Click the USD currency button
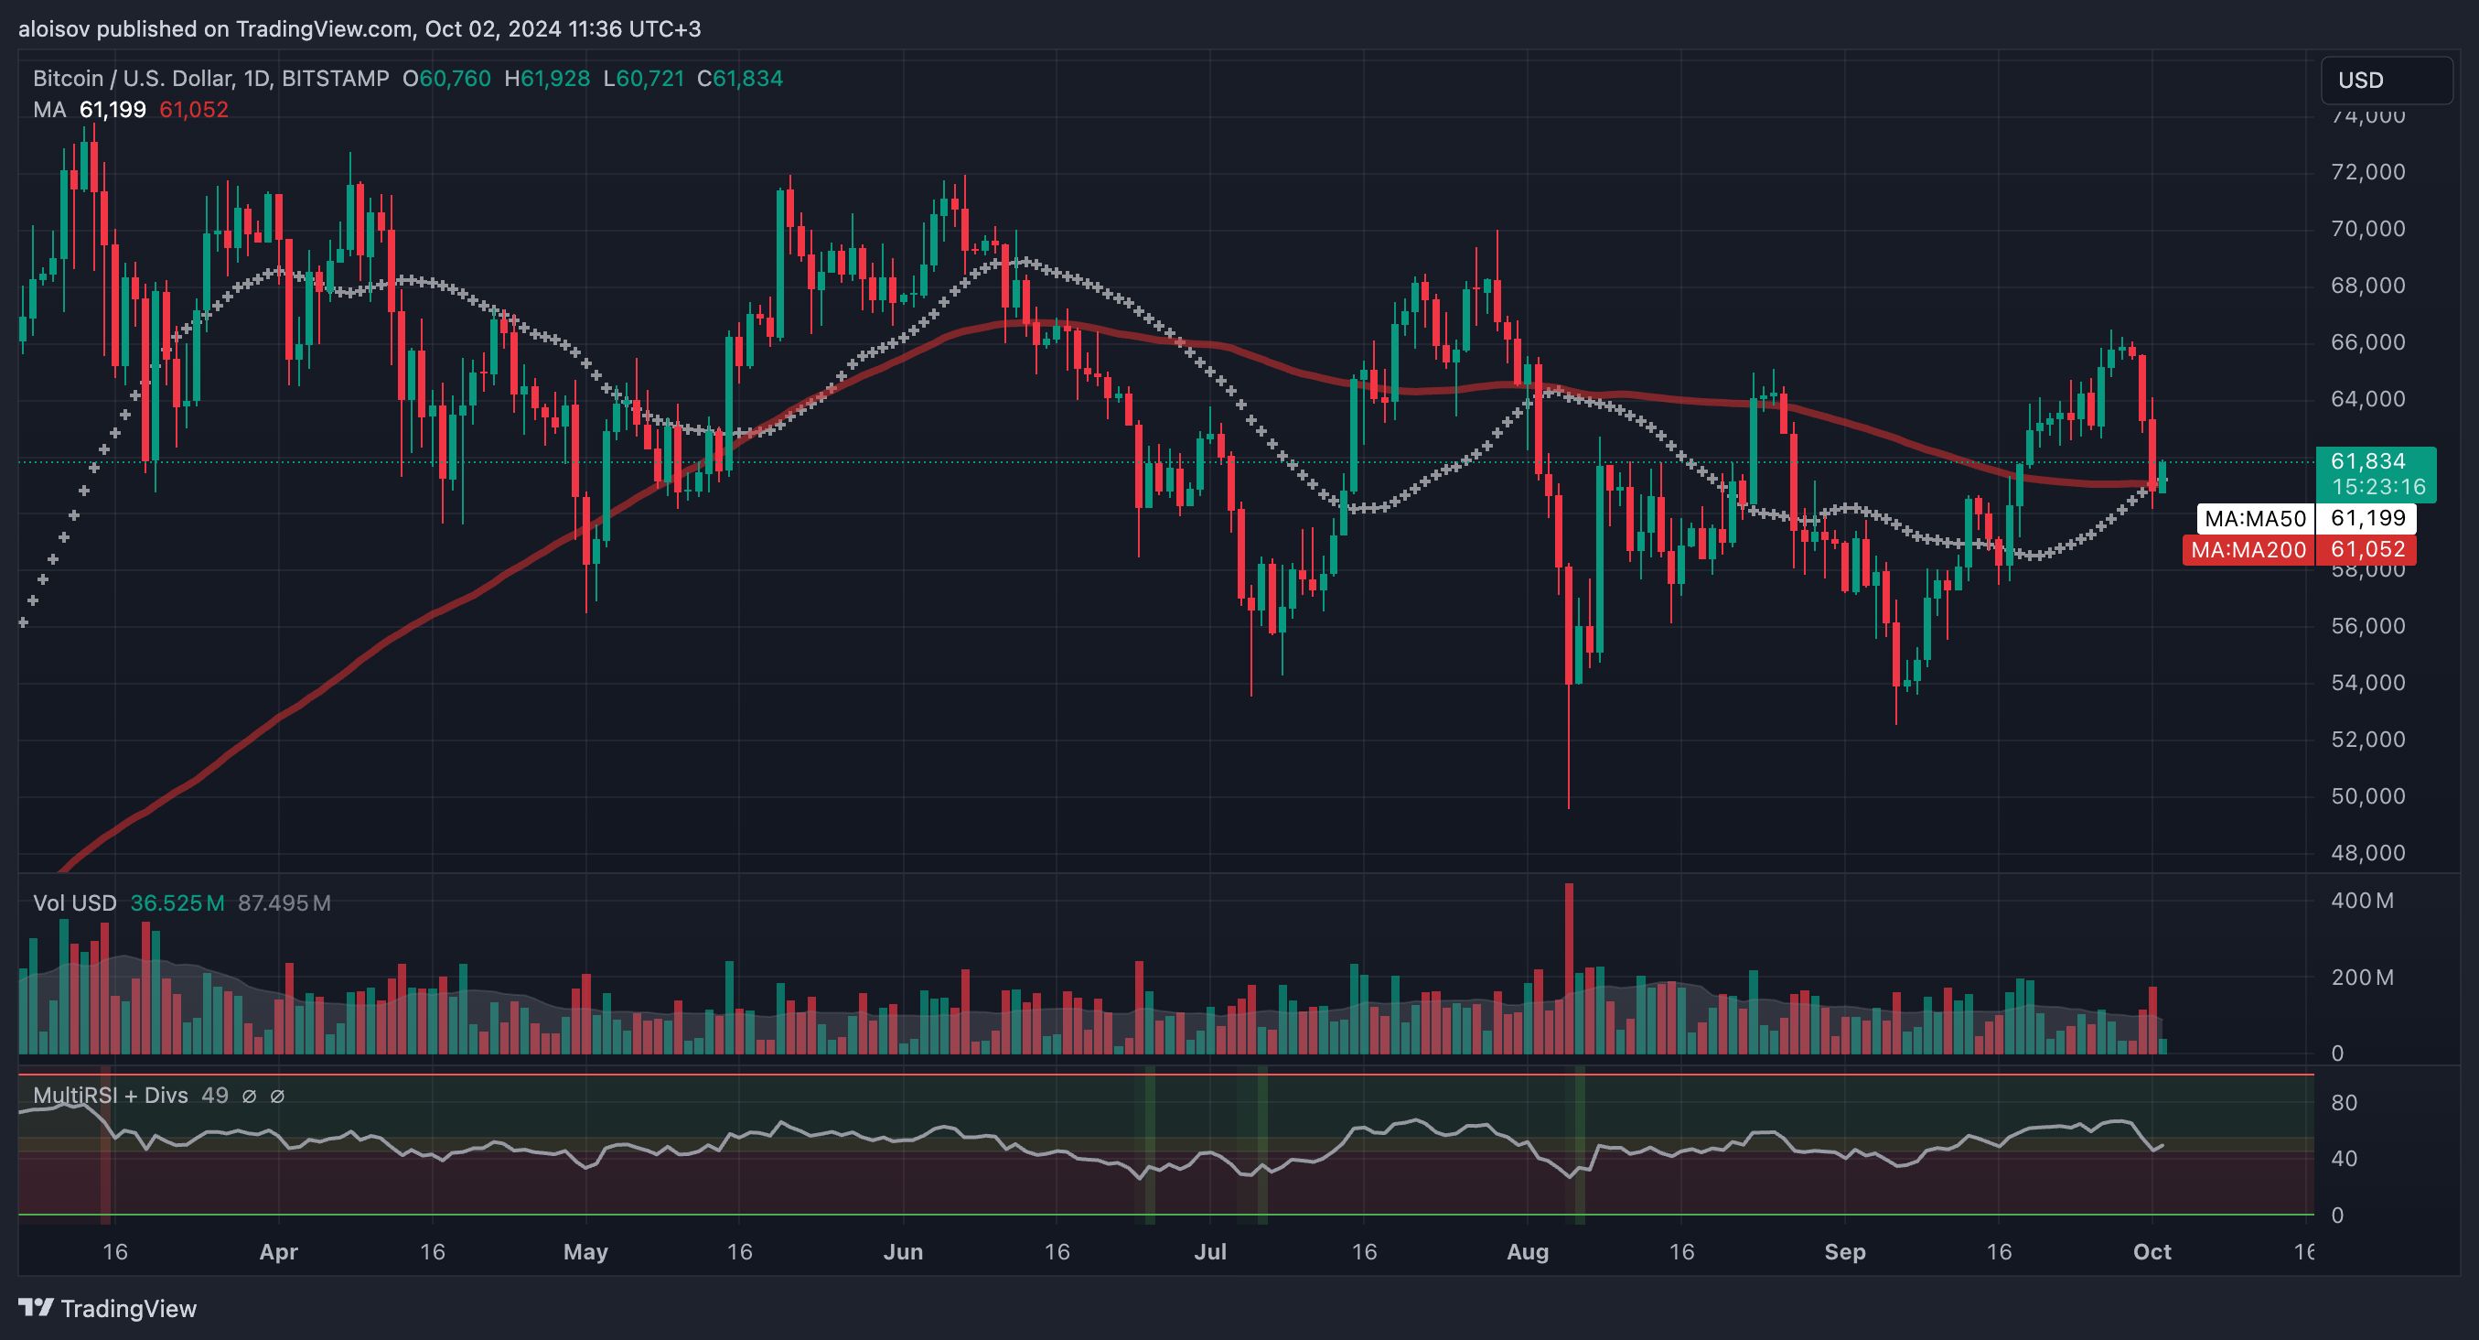tap(2387, 80)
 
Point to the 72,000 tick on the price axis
tap(2367, 172)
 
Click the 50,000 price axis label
tap(2367, 796)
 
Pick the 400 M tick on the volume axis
tap(2362, 901)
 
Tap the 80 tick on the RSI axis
tap(2344, 1102)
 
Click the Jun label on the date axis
tap(903, 1251)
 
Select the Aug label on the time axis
tap(1528, 1251)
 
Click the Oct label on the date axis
tap(2152, 1251)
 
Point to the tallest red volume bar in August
tap(1569, 967)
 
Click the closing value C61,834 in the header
tap(739, 79)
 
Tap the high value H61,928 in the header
tap(547, 79)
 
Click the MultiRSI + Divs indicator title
tap(111, 1096)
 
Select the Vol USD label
tap(75, 903)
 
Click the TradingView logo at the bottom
tap(108, 1308)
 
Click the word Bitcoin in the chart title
tap(69, 79)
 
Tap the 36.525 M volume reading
tap(177, 903)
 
